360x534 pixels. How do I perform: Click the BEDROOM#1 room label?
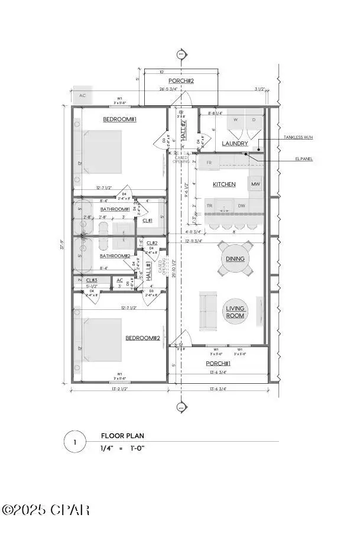click(x=120, y=119)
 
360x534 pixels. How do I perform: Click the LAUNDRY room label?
click(x=234, y=144)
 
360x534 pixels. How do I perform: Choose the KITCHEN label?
click(x=225, y=185)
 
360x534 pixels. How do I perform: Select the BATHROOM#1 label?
click(x=115, y=209)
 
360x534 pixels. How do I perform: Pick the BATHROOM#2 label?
click(x=115, y=256)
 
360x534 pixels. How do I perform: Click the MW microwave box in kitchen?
click(x=255, y=185)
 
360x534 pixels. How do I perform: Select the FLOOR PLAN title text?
click(x=122, y=436)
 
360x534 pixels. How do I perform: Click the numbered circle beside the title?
click(x=74, y=442)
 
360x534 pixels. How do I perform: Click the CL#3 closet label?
click(x=92, y=280)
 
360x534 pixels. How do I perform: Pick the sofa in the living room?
click(x=207, y=311)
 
